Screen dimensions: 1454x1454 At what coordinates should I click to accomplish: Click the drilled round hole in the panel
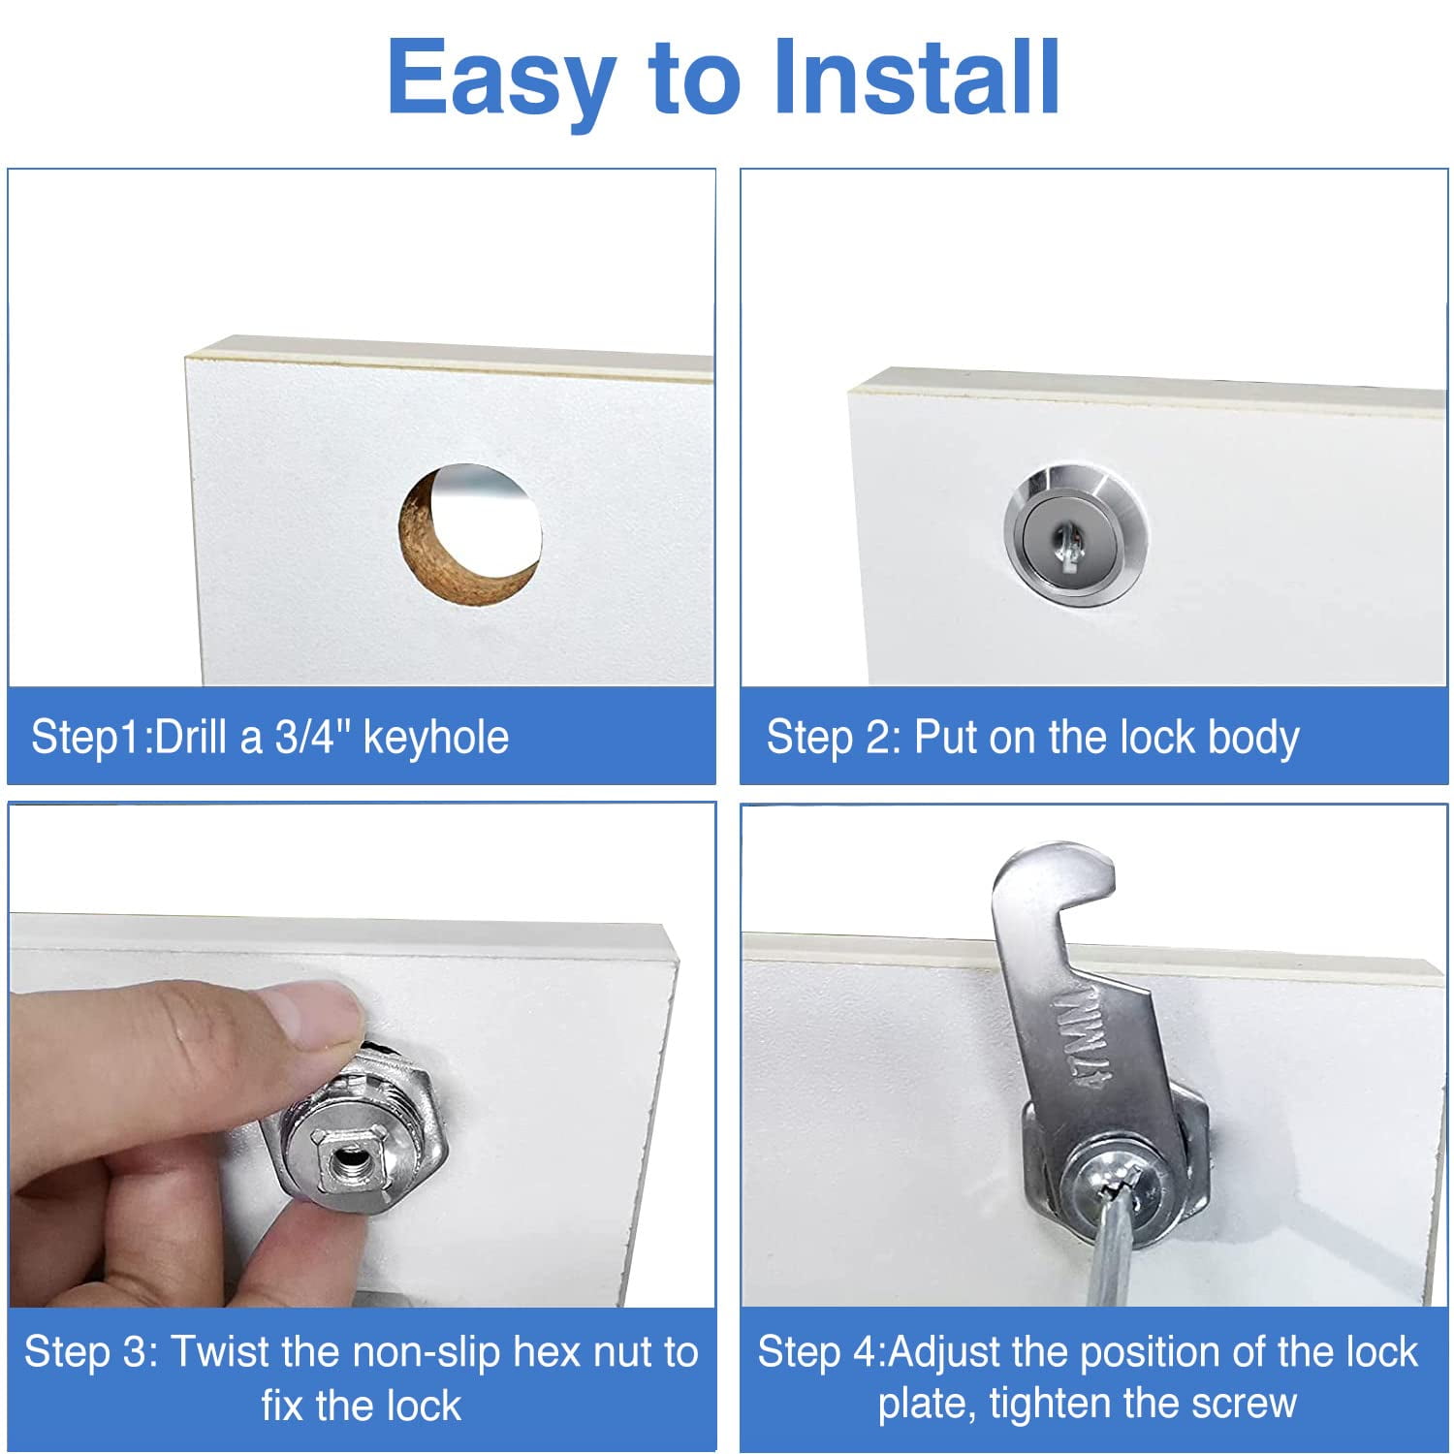point(470,533)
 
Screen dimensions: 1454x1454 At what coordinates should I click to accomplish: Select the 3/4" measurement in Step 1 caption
point(313,737)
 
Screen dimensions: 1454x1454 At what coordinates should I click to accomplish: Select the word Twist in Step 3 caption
point(227,1351)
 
